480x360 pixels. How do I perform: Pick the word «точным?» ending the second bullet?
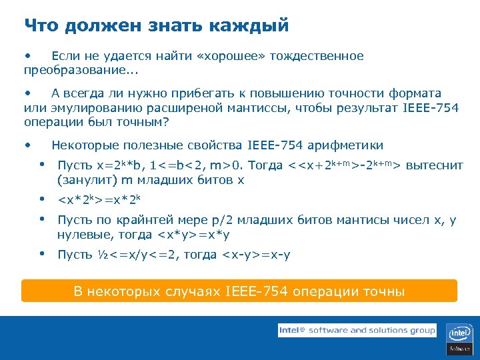[144, 122]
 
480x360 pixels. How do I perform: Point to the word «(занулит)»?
[86, 180]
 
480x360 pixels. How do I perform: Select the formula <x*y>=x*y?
[194, 235]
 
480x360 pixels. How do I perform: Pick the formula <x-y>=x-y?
[256, 255]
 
